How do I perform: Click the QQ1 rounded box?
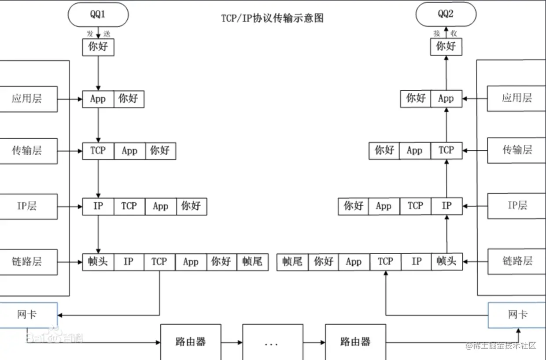98,14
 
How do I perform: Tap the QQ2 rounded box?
446,14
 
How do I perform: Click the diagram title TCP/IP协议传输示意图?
273,19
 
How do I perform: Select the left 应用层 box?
27,99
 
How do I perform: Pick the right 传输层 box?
517,151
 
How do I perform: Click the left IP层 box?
27,206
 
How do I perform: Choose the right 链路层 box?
517,261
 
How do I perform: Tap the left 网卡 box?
27,315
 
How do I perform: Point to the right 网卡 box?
517,315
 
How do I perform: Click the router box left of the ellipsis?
190,342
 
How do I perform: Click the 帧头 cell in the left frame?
98,261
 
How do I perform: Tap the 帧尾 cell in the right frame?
292,261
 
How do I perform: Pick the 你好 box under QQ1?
98,47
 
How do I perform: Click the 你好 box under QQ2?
446,46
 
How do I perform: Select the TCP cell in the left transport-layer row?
98,151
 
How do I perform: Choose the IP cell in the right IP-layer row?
446,206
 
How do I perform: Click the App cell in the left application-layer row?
98,99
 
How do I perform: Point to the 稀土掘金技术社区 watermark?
501,345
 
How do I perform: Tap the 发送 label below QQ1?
98,33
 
